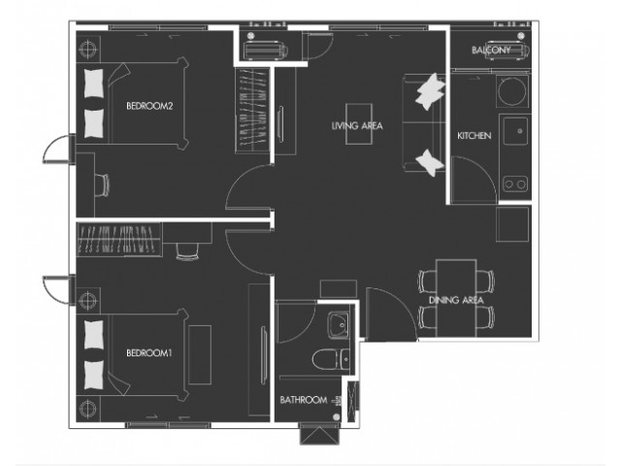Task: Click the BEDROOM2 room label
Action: pyautogui.click(x=149, y=106)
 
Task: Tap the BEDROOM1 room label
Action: pyautogui.click(x=148, y=352)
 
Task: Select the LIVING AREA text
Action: pyautogui.click(x=357, y=125)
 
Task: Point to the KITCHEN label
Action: pyautogui.click(x=474, y=136)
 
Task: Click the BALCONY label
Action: pyautogui.click(x=491, y=50)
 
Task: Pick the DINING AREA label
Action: pyautogui.click(x=456, y=300)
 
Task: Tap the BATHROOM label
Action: pyautogui.click(x=304, y=400)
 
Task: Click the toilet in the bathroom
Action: pyautogui.click(x=331, y=359)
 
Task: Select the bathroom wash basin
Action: pyautogui.click(x=339, y=325)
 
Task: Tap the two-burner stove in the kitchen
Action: pyautogui.click(x=515, y=184)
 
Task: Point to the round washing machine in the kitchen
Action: pyautogui.click(x=511, y=90)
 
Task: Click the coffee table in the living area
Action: pyautogui.click(x=359, y=124)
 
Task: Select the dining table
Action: pyautogui.click(x=456, y=298)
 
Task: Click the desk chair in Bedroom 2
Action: pyautogui.click(x=102, y=184)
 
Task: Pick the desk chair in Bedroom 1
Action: pyautogui.click(x=187, y=251)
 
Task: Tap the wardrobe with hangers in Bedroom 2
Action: pyautogui.click(x=252, y=110)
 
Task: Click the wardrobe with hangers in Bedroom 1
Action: pyautogui.click(x=118, y=240)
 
